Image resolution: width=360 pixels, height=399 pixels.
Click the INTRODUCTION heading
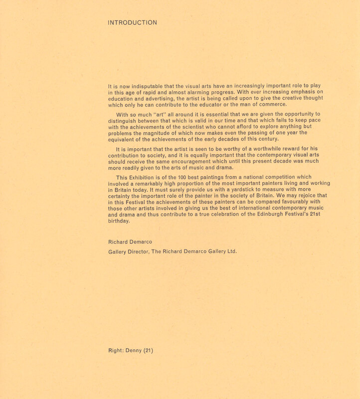coord(133,22)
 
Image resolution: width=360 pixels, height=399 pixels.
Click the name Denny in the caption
coord(134,351)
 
